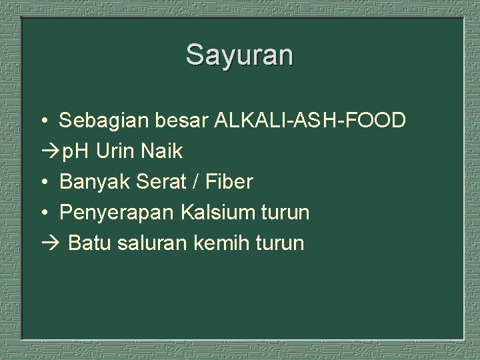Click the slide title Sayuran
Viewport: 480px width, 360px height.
coord(239,55)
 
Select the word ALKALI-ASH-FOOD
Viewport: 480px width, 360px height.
coord(310,121)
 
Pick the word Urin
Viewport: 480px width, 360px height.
coord(118,151)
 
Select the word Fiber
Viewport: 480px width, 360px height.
coord(231,182)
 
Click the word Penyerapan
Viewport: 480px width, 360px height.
coord(116,213)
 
